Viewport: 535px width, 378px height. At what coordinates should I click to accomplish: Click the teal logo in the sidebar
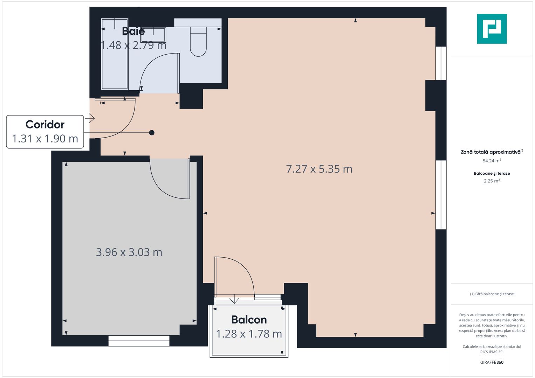point(492,29)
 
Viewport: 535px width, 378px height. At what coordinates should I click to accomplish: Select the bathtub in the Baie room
point(115,54)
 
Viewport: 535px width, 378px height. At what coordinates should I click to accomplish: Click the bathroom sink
point(153,35)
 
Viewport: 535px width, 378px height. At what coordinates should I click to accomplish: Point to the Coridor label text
point(45,125)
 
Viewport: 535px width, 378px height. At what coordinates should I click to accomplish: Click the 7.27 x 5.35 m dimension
point(319,169)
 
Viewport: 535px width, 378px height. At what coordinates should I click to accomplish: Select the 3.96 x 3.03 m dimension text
point(129,252)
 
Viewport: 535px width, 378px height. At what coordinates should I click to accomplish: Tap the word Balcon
point(249,320)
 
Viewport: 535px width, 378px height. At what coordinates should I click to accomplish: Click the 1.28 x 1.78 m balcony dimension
point(249,334)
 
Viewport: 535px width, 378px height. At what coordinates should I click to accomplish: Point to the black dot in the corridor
point(152,133)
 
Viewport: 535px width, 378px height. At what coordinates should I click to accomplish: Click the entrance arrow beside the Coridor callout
point(90,119)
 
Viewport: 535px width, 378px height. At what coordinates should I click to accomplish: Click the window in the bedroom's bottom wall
point(139,341)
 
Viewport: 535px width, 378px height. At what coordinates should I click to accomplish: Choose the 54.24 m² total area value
point(492,161)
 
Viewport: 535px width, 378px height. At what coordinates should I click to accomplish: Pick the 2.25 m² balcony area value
point(492,181)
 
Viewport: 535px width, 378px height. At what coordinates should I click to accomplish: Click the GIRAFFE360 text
point(492,362)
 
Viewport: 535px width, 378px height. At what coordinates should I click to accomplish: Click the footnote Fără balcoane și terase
point(492,294)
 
